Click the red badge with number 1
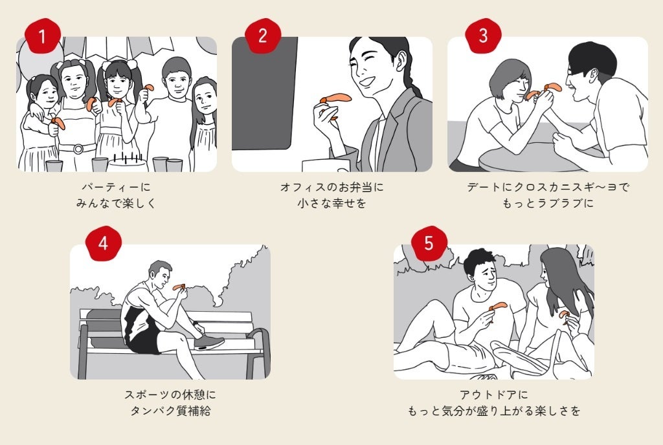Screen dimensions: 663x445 (x=43, y=36)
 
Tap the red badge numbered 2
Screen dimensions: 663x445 (x=262, y=36)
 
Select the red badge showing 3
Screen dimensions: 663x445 (x=483, y=36)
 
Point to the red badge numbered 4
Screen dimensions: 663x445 (x=104, y=243)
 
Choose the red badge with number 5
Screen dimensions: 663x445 (x=429, y=243)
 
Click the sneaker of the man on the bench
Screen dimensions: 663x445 (x=209, y=343)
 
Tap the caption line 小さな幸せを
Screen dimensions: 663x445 (x=331, y=203)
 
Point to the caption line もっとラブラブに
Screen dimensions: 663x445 (x=548, y=203)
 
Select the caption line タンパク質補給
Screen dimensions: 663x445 (x=170, y=410)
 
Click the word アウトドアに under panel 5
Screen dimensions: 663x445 (x=493, y=394)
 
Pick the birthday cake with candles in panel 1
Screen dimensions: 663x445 (x=127, y=162)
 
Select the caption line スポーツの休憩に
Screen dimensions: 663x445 (x=170, y=394)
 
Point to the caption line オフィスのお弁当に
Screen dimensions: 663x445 (x=331, y=187)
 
